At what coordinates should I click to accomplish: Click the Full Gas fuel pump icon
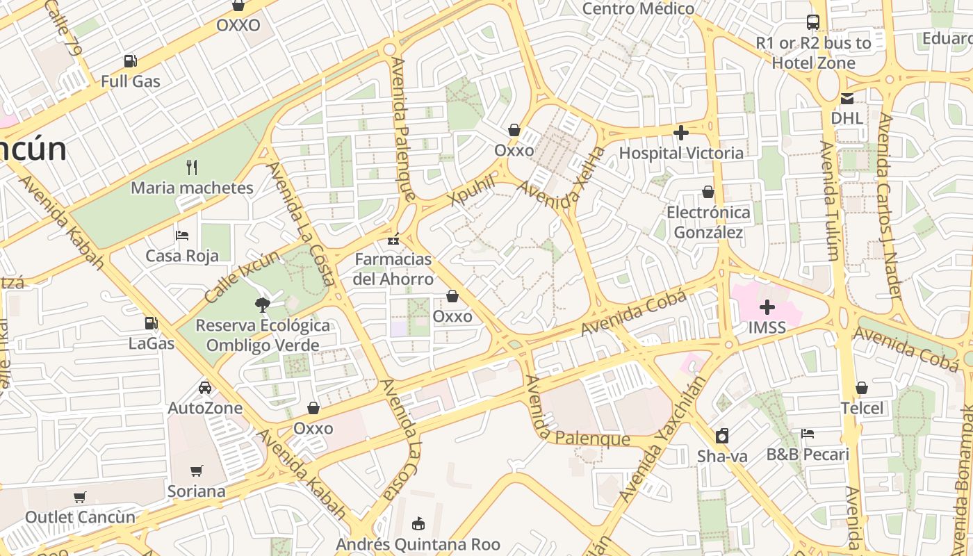pyautogui.click(x=130, y=61)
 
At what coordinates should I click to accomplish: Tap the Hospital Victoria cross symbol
pyautogui.click(x=681, y=132)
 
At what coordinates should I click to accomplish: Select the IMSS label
pyautogui.click(x=767, y=327)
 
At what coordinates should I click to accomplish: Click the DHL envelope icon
pyautogui.click(x=847, y=99)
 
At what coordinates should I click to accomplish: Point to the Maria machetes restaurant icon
pyautogui.click(x=193, y=167)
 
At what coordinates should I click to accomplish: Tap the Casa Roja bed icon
pyautogui.click(x=182, y=235)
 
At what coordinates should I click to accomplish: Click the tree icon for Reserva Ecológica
pyautogui.click(x=262, y=304)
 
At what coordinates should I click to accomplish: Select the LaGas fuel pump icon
pyautogui.click(x=151, y=322)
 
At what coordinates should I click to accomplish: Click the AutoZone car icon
pyautogui.click(x=205, y=387)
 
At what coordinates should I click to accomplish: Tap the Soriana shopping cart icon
pyautogui.click(x=197, y=471)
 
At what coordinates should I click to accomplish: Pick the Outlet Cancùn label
pyautogui.click(x=80, y=517)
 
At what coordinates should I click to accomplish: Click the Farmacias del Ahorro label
pyautogui.click(x=393, y=269)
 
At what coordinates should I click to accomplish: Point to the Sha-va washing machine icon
pyautogui.click(x=722, y=436)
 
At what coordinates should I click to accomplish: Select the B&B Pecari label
pyautogui.click(x=808, y=455)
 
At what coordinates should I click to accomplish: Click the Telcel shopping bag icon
pyautogui.click(x=862, y=387)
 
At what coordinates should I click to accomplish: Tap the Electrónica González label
pyautogui.click(x=708, y=222)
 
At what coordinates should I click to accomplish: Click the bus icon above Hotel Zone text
pyautogui.click(x=813, y=22)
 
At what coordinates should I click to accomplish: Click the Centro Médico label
pyautogui.click(x=638, y=8)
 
